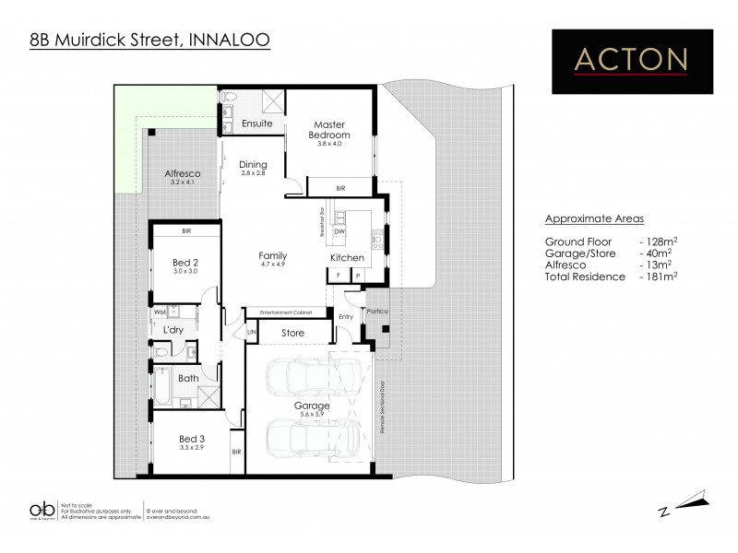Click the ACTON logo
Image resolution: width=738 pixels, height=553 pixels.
click(631, 60)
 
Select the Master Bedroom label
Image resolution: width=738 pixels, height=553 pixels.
click(329, 129)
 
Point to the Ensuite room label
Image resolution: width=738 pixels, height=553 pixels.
click(256, 124)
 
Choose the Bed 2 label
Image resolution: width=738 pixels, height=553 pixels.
click(186, 263)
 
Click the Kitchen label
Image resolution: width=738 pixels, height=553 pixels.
click(348, 257)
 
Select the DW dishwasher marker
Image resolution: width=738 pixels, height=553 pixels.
click(339, 231)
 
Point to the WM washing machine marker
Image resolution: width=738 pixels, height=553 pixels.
click(160, 313)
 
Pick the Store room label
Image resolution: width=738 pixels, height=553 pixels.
click(292, 333)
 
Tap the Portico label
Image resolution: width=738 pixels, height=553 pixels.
click(377, 312)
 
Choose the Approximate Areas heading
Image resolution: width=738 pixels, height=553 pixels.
click(594, 218)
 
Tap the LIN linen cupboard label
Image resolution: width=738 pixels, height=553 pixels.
click(251, 333)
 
